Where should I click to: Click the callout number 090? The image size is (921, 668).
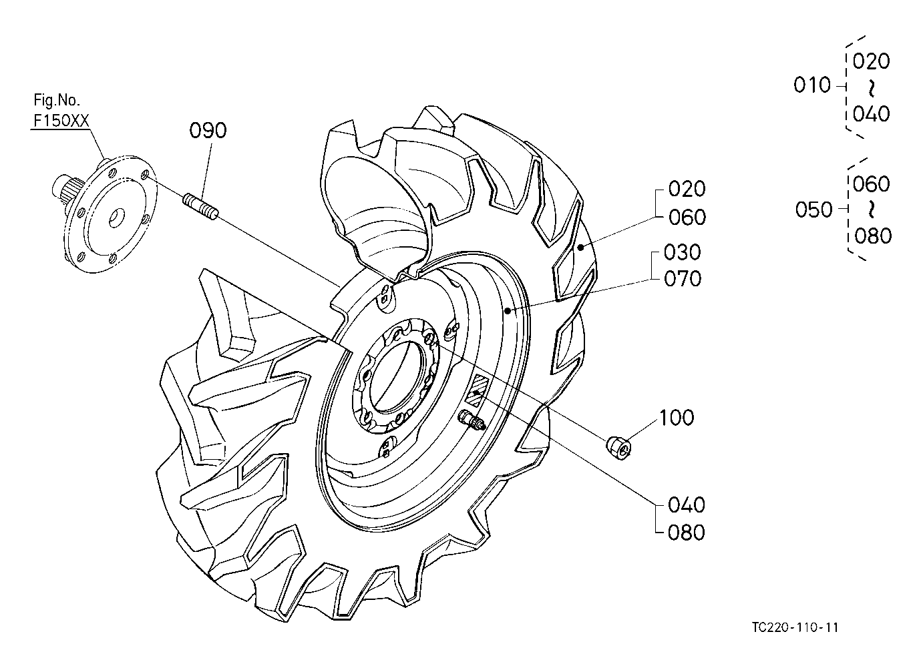[208, 130]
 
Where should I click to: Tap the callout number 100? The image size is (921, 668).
[677, 418]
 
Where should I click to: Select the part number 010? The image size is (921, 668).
[811, 85]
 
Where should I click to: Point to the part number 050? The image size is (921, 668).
[813, 210]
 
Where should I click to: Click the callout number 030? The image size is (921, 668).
[683, 252]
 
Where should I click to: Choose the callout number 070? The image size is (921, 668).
[683, 279]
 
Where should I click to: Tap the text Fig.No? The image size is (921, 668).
[57, 101]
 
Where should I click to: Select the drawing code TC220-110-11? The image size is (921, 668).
[794, 627]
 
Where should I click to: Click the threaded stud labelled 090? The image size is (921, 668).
[200, 206]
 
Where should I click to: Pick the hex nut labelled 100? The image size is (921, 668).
[618, 446]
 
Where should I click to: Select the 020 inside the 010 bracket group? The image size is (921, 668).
[872, 61]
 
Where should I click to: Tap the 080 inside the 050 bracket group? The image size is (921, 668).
[873, 236]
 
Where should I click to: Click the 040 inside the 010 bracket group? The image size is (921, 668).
[872, 114]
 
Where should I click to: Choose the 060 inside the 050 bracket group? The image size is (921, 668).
[872, 184]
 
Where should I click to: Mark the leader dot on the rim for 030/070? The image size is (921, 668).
[508, 310]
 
